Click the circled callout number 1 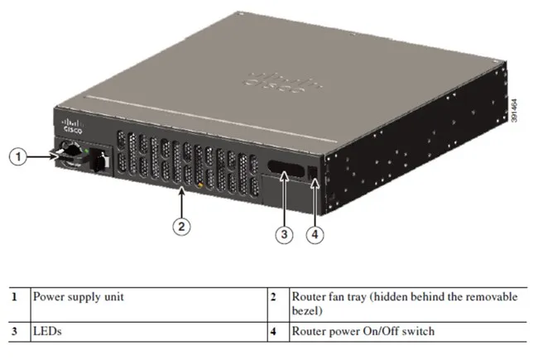[18, 157]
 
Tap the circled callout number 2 [181, 227]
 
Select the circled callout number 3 [284, 235]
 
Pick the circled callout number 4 [315, 235]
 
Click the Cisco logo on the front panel [72, 126]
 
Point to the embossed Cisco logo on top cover [282, 83]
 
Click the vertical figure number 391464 [514, 111]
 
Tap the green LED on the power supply [86, 151]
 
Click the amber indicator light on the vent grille [200, 185]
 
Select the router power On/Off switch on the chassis [313, 173]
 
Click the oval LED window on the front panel [286, 169]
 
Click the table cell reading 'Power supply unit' [79, 297]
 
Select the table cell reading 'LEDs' [47, 331]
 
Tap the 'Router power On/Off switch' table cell [363, 331]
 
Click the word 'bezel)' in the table [307, 310]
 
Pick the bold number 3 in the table [14, 332]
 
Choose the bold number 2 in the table [273, 297]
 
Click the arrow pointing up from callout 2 [181, 203]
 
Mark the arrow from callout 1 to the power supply [42, 157]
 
